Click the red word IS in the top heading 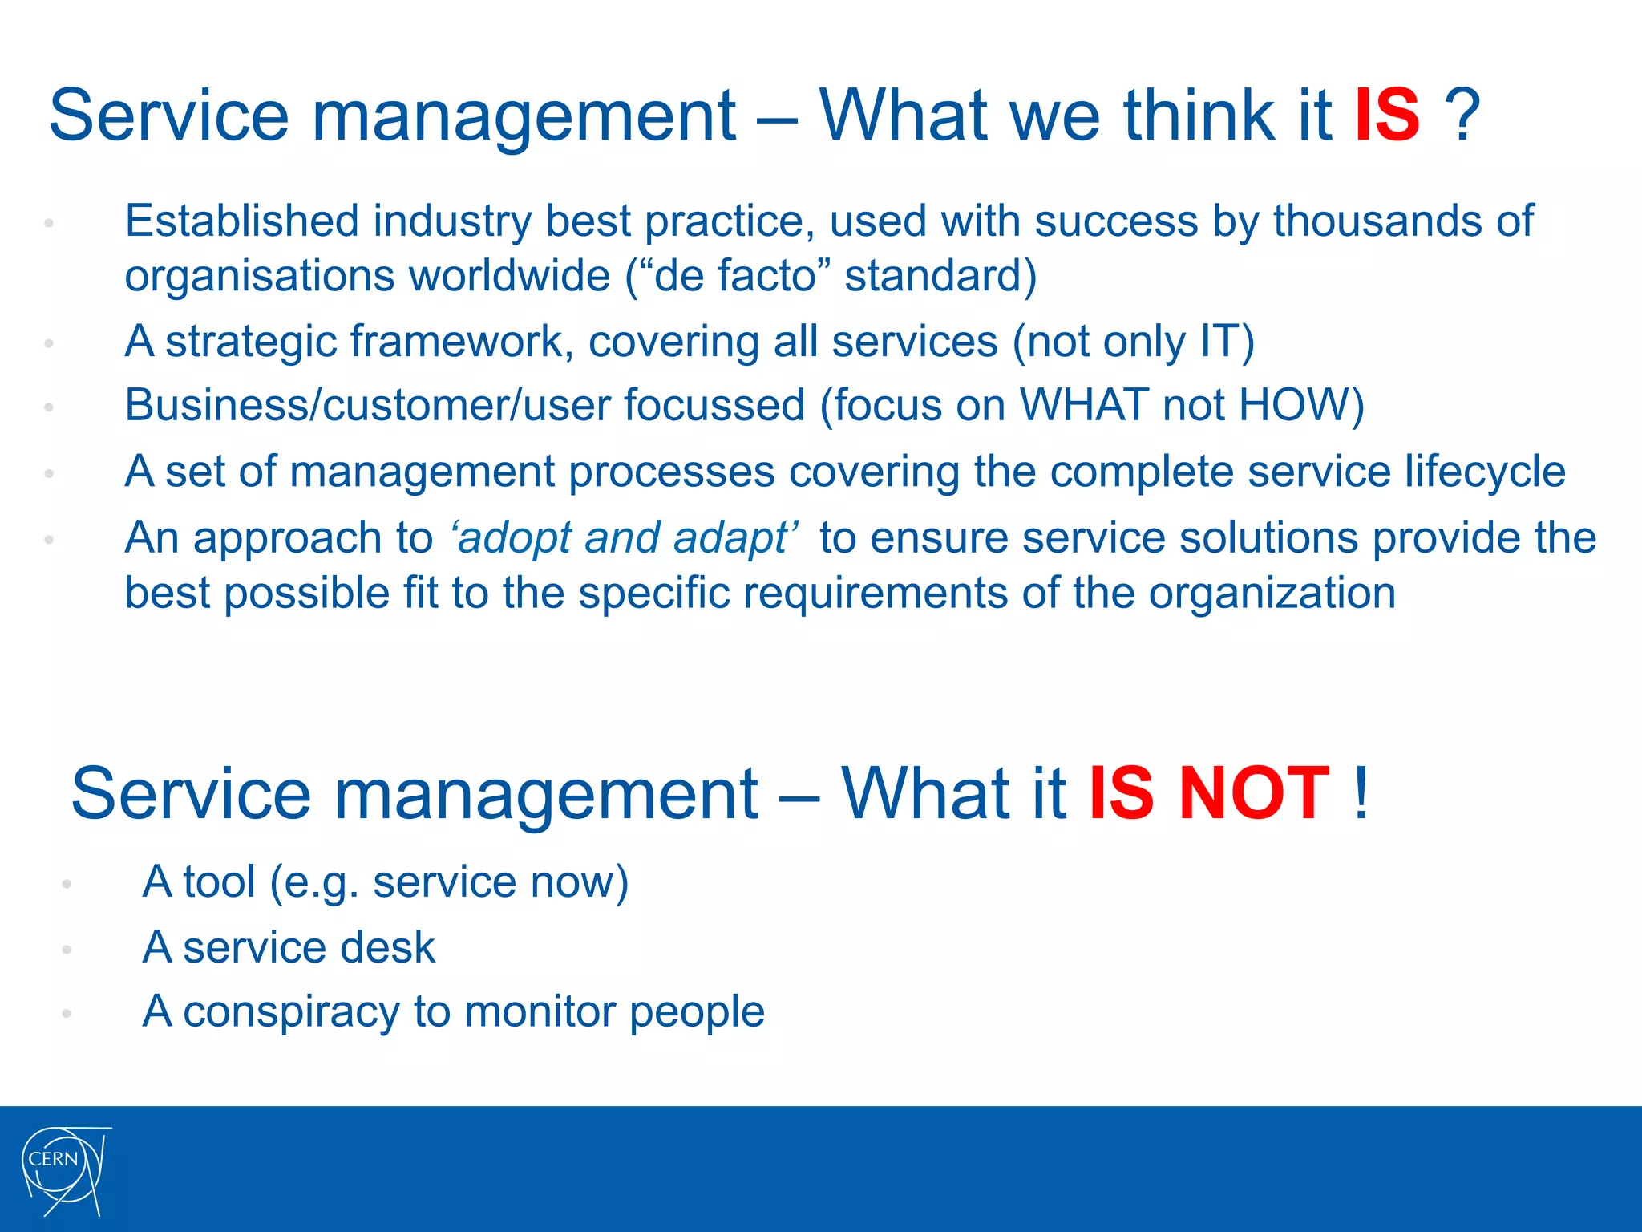coord(1387,116)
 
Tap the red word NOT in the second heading coord(1255,794)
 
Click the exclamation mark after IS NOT coord(1361,794)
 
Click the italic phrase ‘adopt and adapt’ coord(625,537)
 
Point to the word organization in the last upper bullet coord(1272,594)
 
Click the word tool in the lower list coord(219,881)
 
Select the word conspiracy coord(291,1011)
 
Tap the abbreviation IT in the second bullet coord(1219,342)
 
